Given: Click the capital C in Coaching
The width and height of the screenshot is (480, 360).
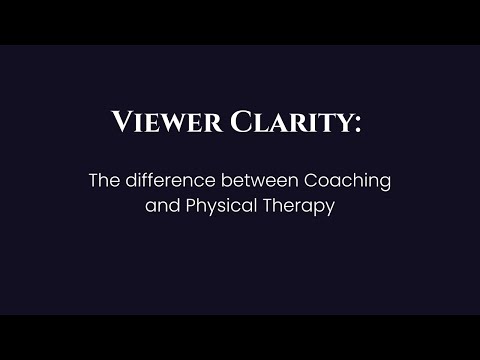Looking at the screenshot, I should click(x=297, y=181).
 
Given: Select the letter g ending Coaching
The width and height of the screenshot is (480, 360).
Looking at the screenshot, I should click(x=384, y=184).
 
